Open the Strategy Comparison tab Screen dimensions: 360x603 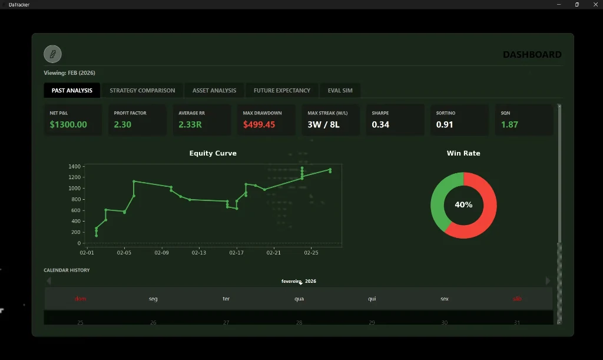coord(142,90)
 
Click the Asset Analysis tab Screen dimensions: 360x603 coord(214,90)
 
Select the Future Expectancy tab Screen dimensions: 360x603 coord(281,90)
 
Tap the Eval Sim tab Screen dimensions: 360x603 coord(340,90)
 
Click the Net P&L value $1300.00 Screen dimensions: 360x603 coord(68,124)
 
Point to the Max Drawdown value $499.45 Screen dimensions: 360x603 coord(259,124)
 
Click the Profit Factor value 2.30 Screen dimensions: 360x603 coord(122,124)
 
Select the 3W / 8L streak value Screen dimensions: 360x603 coord(323,124)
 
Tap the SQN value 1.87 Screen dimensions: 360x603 coord(509,124)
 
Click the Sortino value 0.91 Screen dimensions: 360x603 coord(445,124)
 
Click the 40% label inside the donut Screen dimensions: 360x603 coord(463,205)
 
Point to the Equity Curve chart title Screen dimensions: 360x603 coord(213,153)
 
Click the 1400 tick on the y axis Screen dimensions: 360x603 coord(74,167)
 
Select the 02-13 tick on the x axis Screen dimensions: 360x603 coord(199,253)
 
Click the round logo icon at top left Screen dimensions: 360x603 coord(52,54)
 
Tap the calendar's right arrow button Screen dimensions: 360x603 coord(548,281)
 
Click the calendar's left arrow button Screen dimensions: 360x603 coord(49,281)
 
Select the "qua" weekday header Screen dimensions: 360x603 coord(299,299)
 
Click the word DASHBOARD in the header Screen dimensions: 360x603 coord(532,55)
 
